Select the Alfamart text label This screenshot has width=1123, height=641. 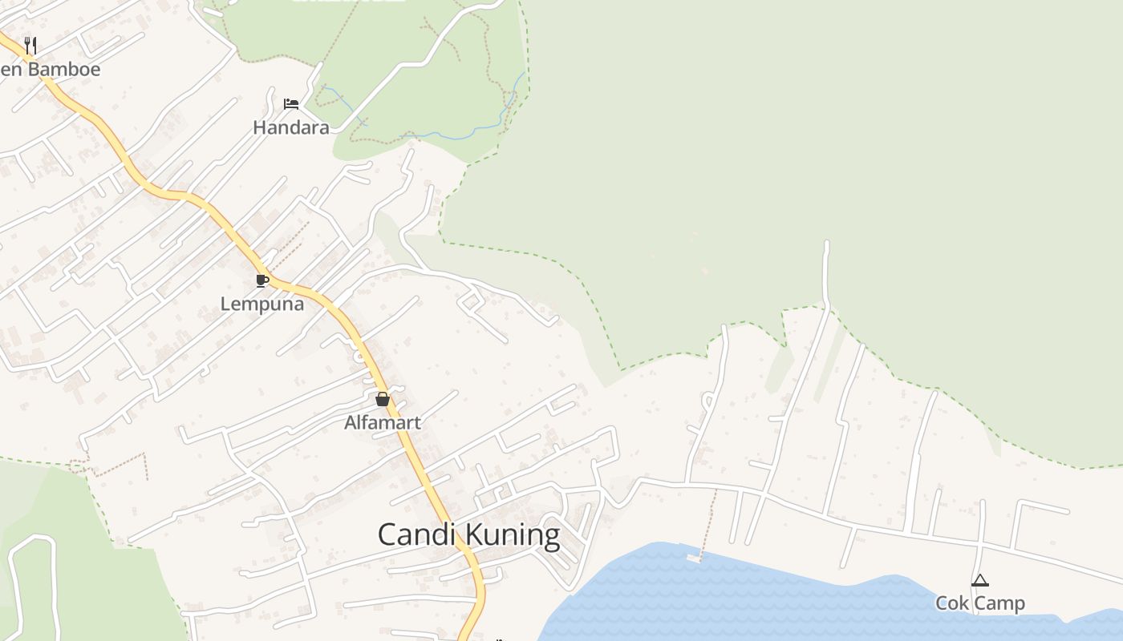coord(383,422)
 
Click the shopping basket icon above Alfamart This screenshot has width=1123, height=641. coord(383,398)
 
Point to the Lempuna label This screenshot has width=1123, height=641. coord(262,304)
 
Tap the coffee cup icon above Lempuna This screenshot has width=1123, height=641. coord(261,280)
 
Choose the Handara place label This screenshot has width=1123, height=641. coord(290,127)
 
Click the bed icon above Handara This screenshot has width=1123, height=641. coord(290,103)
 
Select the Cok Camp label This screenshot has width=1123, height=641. coord(979,603)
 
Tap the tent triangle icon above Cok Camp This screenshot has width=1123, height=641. coord(979,580)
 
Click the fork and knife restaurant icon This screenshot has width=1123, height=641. coord(30,44)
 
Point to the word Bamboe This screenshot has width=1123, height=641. coord(64,69)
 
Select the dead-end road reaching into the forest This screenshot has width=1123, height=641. coord(826,264)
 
